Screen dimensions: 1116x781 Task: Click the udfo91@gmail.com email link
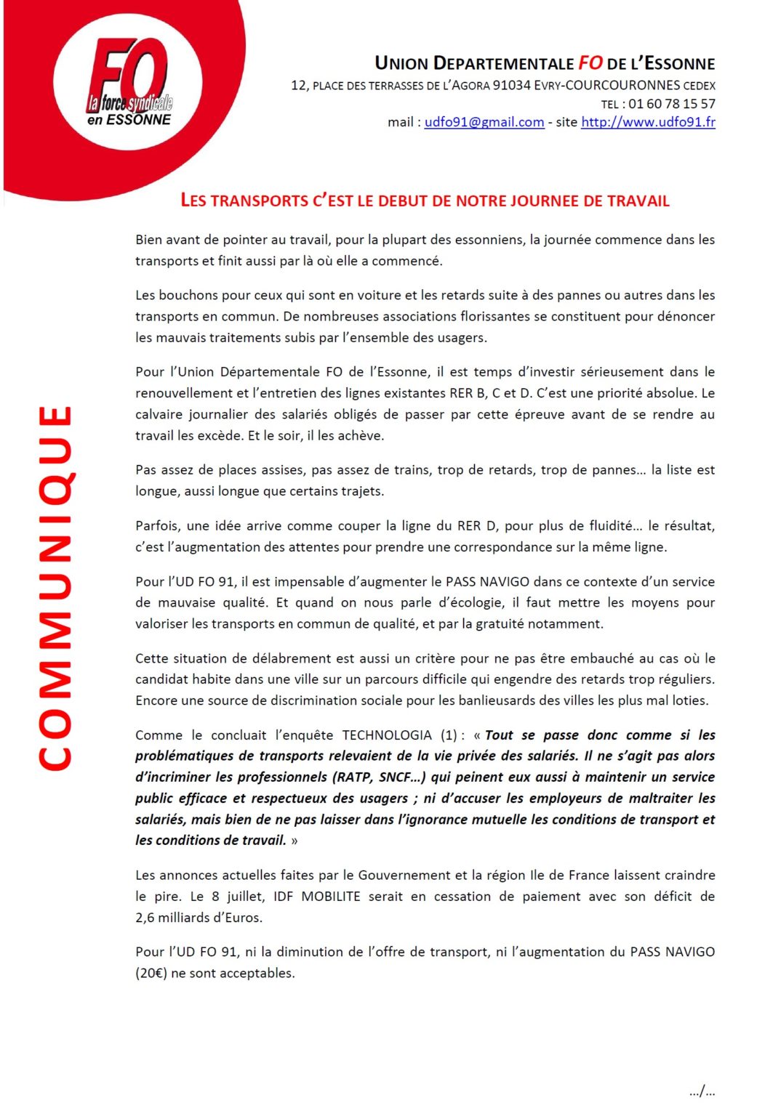click(x=484, y=122)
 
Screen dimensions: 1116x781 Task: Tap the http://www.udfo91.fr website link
click(x=648, y=122)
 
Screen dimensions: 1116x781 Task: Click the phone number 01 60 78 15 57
click(x=672, y=104)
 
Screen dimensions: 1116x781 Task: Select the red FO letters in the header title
click(x=590, y=63)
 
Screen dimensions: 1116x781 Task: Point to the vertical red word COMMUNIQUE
click(x=55, y=587)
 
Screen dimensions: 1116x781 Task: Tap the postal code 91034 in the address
click(x=511, y=86)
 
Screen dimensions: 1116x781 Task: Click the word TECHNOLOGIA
click(x=387, y=735)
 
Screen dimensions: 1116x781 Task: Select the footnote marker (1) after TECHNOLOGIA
click(x=449, y=735)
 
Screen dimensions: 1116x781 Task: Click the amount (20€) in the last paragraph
click(x=151, y=974)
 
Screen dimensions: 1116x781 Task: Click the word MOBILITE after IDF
click(x=331, y=897)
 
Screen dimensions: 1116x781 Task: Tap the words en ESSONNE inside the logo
click(x=129, y=120)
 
